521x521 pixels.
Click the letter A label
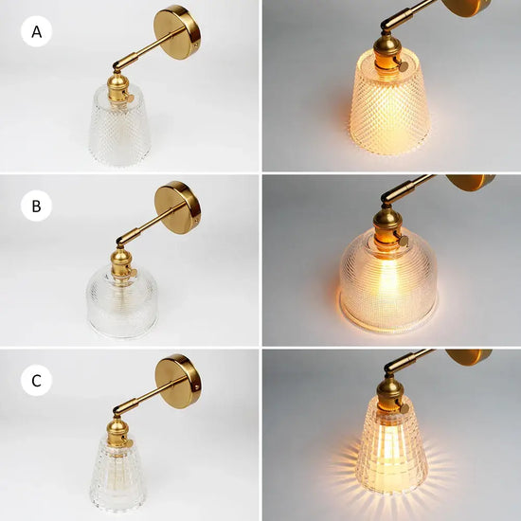[37, 32]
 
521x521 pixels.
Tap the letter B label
[36, 206]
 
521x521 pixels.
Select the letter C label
[37, 381]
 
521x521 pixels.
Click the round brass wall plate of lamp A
[177, 32]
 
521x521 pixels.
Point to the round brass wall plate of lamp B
[178, 207]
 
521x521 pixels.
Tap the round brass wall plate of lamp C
[178, 381]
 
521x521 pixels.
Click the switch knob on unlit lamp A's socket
[130, 98]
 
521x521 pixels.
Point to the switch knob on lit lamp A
[403, 66]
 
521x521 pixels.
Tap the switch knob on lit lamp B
[403, 241]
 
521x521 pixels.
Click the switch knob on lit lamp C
[404, 408]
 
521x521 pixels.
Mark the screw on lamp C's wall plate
[197, 387]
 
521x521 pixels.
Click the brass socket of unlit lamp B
[121, 263]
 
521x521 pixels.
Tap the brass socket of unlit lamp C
[118, 433]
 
